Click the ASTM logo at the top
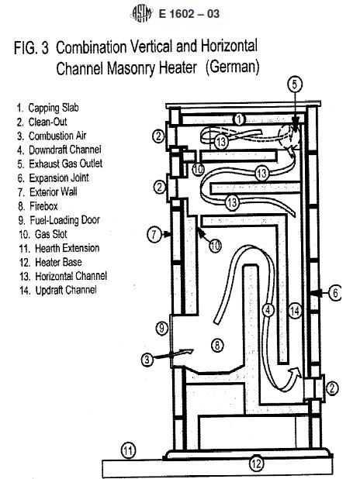(x=142, y=13)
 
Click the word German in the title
(x=232, y=67)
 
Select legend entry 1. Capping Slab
(x=47, y=108)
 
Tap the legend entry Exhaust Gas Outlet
(x=60, y=164)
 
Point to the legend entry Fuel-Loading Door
(x=59, y=220)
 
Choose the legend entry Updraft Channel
(x=58, y=290)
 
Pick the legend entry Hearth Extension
(x=59, y=248)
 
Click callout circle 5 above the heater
(x=295, y=84)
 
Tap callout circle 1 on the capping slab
(x=239, y=119)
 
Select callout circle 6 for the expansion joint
(x=335, y=293)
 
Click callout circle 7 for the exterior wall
(x=154, y=234)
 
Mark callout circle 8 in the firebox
(x=217, y=345)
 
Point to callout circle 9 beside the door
(x=162, y=328)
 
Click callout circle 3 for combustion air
(x=147, y=360)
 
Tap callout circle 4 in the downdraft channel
(x=268, y=310)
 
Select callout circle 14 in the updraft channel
(x=295, y=311)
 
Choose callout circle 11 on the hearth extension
(x=129, y=450)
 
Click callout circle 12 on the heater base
(x=256, y=463)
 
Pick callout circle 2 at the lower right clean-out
(x=332, y=388)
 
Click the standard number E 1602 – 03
(x=189, y=14)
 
